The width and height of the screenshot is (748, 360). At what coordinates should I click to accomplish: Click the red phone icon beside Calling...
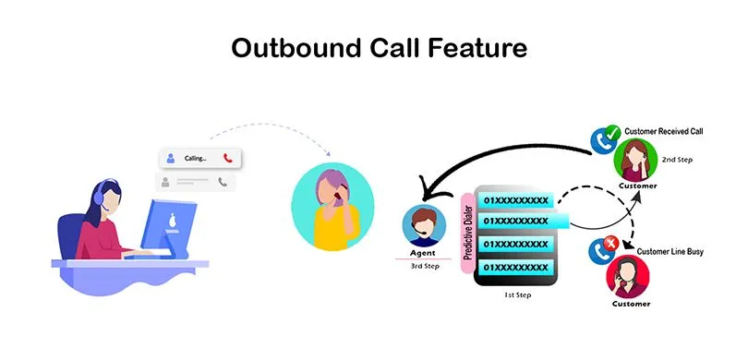tap(228, 158)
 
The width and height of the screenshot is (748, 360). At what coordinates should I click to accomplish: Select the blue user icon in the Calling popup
tap(170, 158)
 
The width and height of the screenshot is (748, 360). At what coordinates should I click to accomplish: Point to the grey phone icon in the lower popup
tap(223, 183)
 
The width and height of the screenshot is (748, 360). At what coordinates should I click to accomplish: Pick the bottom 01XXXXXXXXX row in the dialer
tap(516, 268)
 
